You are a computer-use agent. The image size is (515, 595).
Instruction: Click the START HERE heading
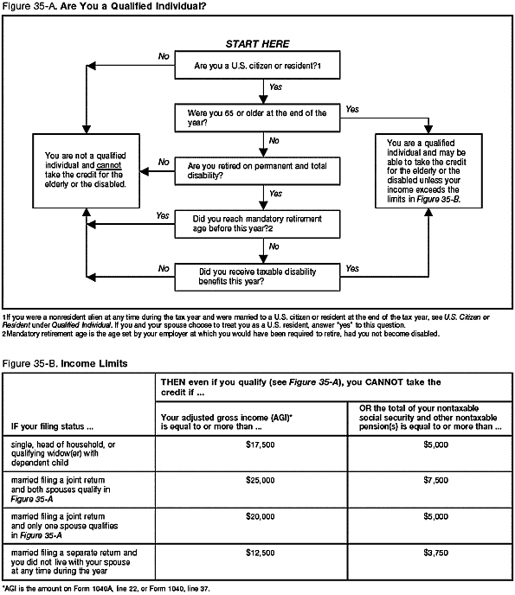point(257,43)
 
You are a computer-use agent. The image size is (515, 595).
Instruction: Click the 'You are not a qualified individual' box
point(84,170)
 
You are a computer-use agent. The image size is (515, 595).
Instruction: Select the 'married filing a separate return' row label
point(74,560)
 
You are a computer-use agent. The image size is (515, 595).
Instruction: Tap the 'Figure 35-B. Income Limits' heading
point(65,363)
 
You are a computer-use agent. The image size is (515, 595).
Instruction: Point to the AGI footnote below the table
point(105,587)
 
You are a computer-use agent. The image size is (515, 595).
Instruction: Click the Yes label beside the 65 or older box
point(352,110)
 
